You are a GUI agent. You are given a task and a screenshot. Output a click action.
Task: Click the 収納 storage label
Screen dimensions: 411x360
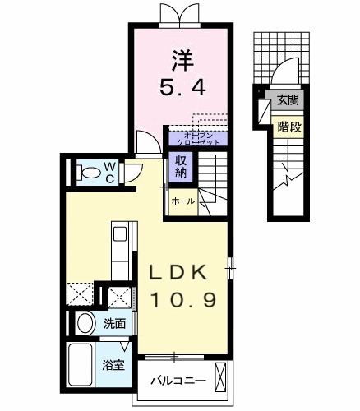(x=181, y=167)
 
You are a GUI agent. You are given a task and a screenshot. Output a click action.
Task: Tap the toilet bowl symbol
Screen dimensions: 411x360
(x=86, y=173)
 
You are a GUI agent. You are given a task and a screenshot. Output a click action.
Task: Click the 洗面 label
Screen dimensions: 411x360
(x=114, y=324)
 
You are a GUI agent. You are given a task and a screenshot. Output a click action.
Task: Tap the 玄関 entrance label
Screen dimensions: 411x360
(x=288, y=101)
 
